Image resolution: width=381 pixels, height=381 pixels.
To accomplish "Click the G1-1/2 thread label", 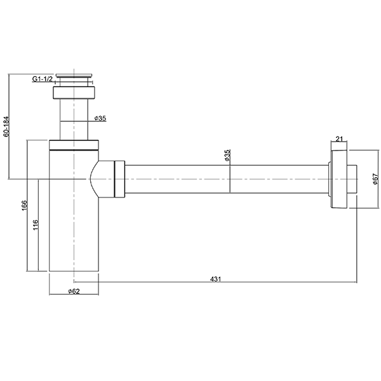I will click(43, 79).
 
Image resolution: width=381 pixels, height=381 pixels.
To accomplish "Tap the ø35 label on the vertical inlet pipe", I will click(100, 119).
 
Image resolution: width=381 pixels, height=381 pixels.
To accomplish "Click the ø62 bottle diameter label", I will click(74, 291).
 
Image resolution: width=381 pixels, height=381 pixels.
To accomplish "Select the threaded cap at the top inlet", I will click(74, 77).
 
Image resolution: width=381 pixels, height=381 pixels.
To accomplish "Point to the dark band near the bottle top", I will click(74, 149).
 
